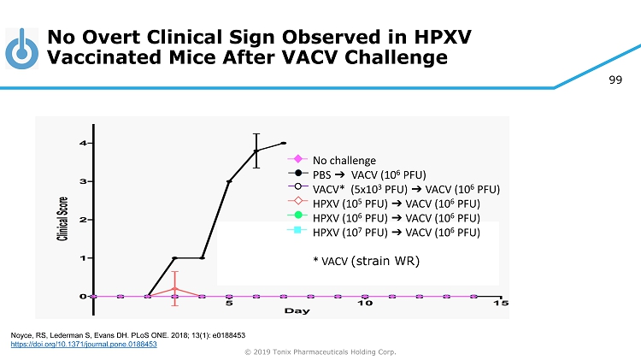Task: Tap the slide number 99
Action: (x=615, y=80)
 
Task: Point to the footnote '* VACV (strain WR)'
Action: (x=367, y=259)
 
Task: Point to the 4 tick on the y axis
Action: (x=82, y=143)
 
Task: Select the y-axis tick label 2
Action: (x=82, y=220)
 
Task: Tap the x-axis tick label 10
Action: (x=365, y=303)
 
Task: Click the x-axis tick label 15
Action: (x=502, y=303)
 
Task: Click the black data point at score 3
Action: (x=229, y=181)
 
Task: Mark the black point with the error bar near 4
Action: (x=256, y=150)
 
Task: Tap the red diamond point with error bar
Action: (x=174, y=289)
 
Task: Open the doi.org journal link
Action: (x=84, y=343)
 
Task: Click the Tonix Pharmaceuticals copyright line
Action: (x=320, y=352)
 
